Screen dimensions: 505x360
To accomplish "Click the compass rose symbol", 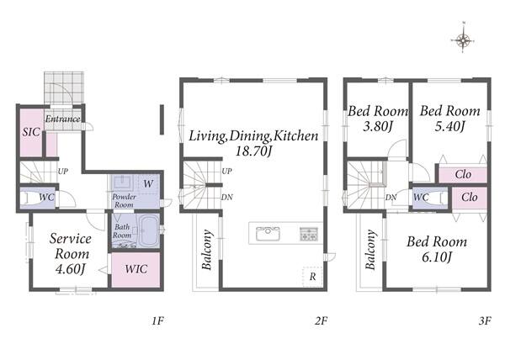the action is tap(463, 40).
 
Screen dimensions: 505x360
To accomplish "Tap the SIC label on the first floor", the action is tap(31, 132).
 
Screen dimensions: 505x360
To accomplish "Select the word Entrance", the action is tap(62, 119).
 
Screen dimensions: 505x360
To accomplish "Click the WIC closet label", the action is tap(136, 269).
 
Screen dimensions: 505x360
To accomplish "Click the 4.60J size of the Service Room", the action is tap(71, 269).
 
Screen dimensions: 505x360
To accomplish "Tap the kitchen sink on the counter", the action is tap(268, 234).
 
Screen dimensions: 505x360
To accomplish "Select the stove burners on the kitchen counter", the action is tap(309, 234).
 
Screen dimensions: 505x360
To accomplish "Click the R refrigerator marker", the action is tap(312, 277).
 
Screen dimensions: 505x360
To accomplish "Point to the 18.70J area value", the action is tap(254, 151).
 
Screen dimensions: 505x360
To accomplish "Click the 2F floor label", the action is tap(322, 320).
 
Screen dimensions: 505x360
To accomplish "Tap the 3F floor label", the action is tap(485, 320).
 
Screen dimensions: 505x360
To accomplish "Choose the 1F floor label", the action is tap(158, 320).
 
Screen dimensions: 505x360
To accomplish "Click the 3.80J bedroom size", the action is tap(378, 126).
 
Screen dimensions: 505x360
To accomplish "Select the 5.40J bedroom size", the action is tap(450, 126).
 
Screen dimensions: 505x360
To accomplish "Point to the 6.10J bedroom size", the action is tap(437, 257).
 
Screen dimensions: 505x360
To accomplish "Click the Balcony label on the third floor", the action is tap(370, 250).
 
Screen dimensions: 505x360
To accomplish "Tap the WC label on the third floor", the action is tap(421, 197).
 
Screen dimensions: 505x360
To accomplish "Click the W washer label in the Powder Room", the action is tap(148, 184).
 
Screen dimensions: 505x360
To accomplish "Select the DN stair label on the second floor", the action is tap(226, 197).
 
